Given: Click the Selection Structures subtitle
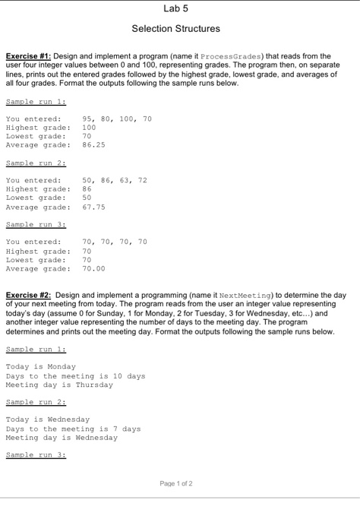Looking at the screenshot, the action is tap(175, 29).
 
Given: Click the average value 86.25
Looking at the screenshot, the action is tap(93, 144).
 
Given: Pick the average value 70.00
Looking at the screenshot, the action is tap(93, 268).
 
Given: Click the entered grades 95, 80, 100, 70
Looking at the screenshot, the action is tap(116, 119).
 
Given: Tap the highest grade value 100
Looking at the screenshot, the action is tap(89, 128).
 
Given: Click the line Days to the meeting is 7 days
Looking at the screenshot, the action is tap(73, 428).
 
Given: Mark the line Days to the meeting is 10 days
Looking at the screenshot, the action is tap(75, 375).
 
